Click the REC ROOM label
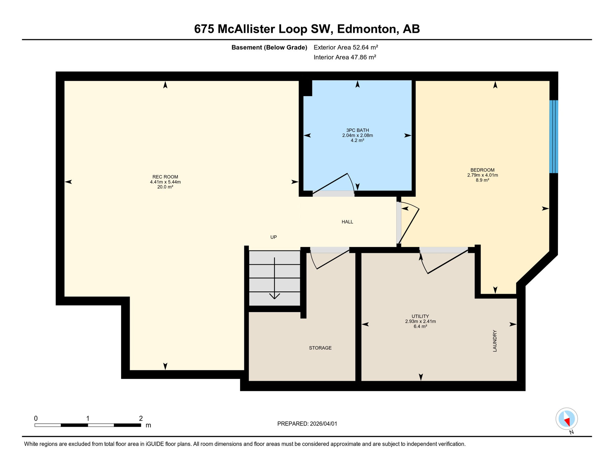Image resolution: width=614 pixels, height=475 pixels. (165, 177)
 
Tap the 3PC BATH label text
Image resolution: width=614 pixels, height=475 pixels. (357, 130)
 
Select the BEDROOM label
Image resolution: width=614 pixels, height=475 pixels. (482, 170)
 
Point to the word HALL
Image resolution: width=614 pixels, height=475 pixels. (347, 222)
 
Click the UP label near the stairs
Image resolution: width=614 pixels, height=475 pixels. (273, 237)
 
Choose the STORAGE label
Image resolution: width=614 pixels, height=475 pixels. (320, 348)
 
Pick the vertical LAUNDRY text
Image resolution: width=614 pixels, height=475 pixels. (494, 341)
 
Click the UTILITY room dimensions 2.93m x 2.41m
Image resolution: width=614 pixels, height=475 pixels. (420, 321)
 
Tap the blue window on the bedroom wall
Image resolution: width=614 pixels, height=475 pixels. (553, 136)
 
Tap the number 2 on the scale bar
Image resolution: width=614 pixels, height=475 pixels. (141, 418)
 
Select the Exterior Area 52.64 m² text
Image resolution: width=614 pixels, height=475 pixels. (346, 47)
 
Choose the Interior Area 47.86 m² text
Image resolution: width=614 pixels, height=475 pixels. (345, 57)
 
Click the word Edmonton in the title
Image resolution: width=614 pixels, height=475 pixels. (367, 29)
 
